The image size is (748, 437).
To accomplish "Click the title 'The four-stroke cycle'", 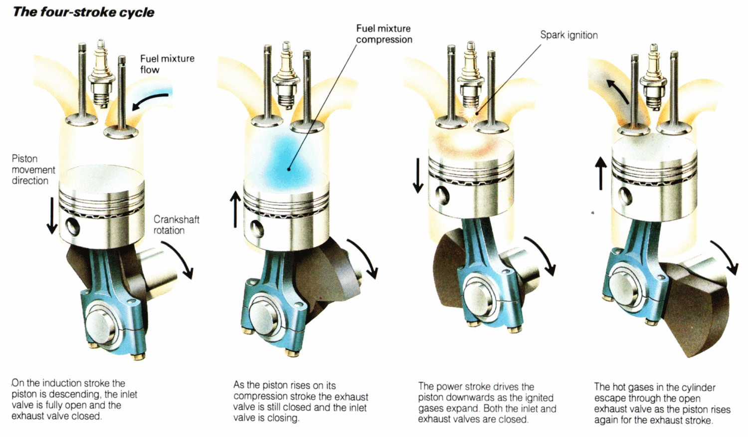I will [83, 12].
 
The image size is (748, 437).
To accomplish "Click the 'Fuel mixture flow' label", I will [167, 64].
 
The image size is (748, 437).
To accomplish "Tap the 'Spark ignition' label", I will [568, 35].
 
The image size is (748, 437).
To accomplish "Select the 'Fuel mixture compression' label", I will [384, 34].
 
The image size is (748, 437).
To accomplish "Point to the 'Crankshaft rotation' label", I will [176, 224].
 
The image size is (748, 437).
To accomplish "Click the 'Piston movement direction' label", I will [33, 170].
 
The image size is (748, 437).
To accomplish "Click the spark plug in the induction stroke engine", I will [102, 75].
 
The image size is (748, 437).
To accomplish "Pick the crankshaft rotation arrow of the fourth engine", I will [726, 257].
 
